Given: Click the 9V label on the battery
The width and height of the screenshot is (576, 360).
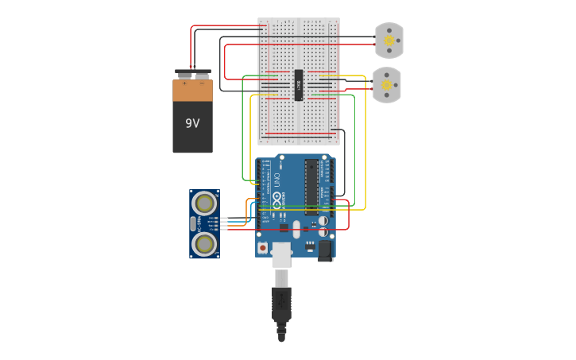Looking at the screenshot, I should coord(192,124).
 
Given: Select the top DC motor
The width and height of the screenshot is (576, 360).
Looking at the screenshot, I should coord(389,41).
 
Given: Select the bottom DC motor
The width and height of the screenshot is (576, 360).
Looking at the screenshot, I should coord(386,85).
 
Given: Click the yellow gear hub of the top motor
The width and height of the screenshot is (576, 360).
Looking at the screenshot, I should coord(389,40).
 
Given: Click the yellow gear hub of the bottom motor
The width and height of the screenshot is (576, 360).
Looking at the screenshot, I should coord(386,84).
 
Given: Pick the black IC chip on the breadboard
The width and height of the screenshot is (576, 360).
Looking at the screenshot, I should coord(299,85).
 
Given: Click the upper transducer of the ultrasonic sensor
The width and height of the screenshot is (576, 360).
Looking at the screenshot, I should coord(204,203).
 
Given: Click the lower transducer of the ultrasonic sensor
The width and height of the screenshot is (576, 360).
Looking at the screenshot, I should coord(204,244).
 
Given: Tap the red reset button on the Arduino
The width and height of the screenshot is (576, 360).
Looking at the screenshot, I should coord(262,248).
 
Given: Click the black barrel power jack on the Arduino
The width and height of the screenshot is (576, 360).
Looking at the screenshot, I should coord(324,250).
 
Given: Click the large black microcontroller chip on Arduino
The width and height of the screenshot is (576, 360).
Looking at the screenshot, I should coord(311,187).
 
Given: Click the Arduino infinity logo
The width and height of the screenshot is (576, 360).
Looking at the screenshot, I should coord(276,196).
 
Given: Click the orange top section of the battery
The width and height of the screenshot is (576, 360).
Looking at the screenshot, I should coord(192,90).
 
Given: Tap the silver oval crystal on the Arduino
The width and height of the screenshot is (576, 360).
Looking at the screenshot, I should coord(296,230).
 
